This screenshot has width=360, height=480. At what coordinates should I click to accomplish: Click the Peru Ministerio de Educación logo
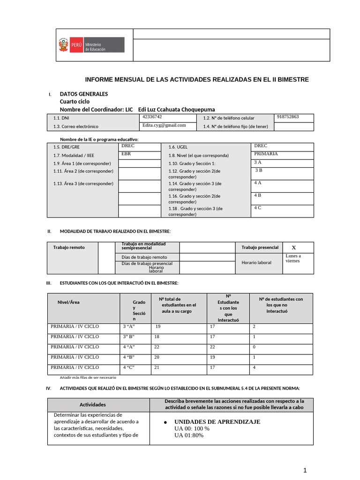click(x=91, y=45)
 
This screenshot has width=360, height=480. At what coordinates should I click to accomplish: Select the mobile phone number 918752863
click(x=288, y=117)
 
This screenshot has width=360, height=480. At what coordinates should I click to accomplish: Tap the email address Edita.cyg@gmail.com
click(x=164, y=125)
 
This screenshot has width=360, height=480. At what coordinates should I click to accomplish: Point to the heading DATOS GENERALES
click(x=83, y=94)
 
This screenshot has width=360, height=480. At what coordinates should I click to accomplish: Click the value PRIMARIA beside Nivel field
click(x=266, y=154)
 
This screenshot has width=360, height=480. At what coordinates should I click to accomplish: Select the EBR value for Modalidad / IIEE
click(x=126, y=154)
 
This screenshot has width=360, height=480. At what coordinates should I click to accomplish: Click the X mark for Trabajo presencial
click(x=294, y=247)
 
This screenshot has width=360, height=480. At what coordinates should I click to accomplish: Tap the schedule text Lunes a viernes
click(x=293, y=258)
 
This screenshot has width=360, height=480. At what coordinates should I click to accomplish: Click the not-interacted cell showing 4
click(x=254, y=367)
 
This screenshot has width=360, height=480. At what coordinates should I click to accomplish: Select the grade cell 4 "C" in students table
click(x=129, y=367)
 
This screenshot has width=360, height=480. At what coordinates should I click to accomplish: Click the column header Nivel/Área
click(x=68, y=302)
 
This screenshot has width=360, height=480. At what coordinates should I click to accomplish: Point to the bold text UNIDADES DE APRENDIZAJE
click(x=217, y=422)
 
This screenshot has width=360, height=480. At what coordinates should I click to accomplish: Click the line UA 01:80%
click(x=189, y=435)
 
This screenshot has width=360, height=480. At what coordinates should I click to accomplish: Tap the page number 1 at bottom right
click(x=305, y=471)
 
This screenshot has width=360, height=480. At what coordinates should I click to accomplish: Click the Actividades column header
click(x=93, y=405)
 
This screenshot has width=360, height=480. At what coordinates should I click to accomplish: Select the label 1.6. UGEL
click(x=178, y=147)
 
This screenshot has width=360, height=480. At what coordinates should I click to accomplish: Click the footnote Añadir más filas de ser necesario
click(x=88, y=377)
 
